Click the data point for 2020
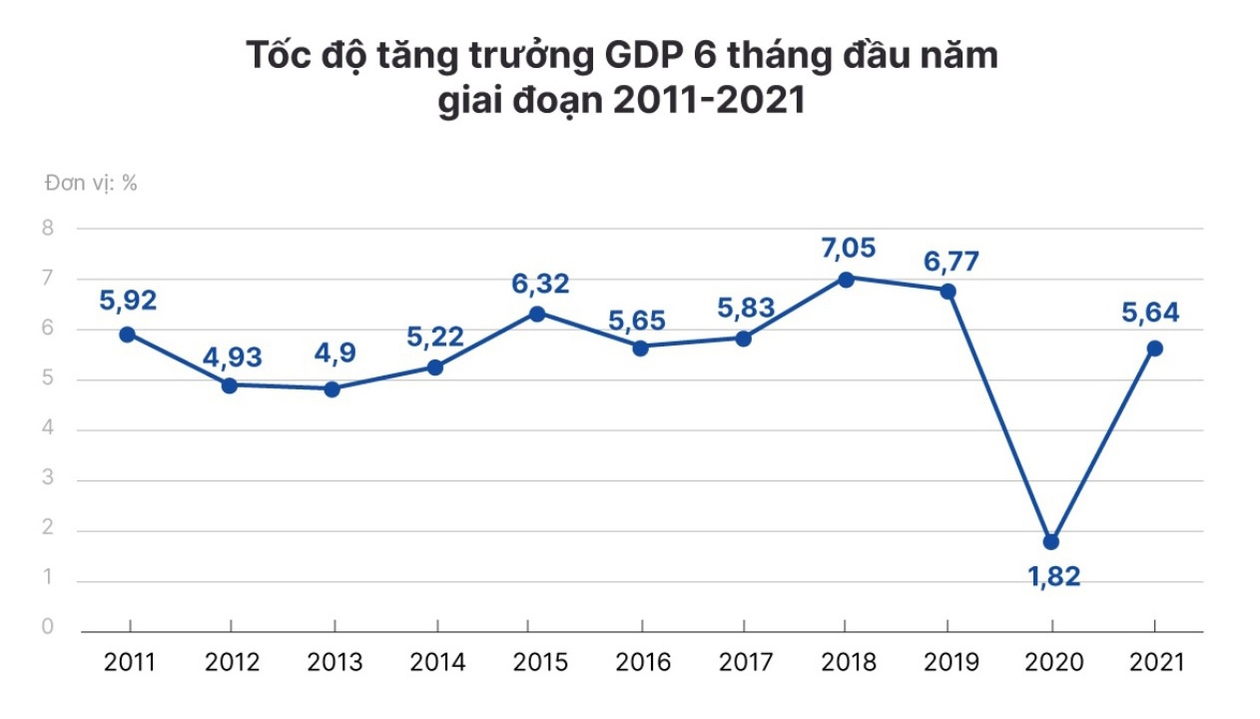click(1050, 542)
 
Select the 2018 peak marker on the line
click(845, 280)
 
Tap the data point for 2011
click(127, 335)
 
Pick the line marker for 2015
click(536, 314)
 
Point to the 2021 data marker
click(1155, 349)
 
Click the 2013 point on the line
click(332, 389)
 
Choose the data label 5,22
click(435, 338)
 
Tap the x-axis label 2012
click(231, 662)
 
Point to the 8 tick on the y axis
click(48, 229)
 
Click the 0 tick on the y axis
click(48, 627)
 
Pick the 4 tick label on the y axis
click(48, 430)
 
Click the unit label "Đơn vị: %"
click(91, 184)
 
